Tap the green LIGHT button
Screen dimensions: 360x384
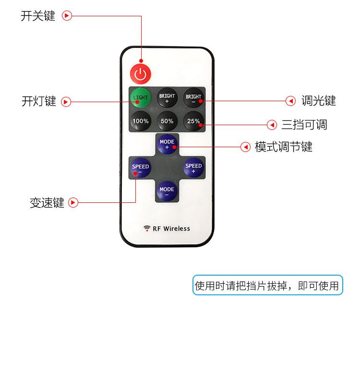coord(140,98)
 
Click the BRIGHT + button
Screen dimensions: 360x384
coord(167,98)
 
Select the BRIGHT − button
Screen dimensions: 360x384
coord(193,98)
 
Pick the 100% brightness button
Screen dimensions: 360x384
coord(141,121)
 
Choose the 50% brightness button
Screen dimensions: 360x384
coord(167,121)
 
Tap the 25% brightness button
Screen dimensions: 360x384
coord(193,121)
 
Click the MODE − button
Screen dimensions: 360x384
coord(167,191)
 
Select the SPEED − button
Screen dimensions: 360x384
coord(140,168)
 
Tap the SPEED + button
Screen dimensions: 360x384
coord(193,167)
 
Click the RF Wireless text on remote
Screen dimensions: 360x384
coord(171,229)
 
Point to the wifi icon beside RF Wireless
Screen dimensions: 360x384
coord(147,228)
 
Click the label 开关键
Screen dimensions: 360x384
coord(38,16)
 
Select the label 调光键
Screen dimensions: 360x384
coord(319,101)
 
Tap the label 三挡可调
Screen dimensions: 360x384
coord(304,125)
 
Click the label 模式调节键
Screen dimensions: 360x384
coord(284,147)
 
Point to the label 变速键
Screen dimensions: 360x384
coord(47,203)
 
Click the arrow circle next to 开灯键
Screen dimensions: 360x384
coord(66,102)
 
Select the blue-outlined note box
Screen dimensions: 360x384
coord(267,285)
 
